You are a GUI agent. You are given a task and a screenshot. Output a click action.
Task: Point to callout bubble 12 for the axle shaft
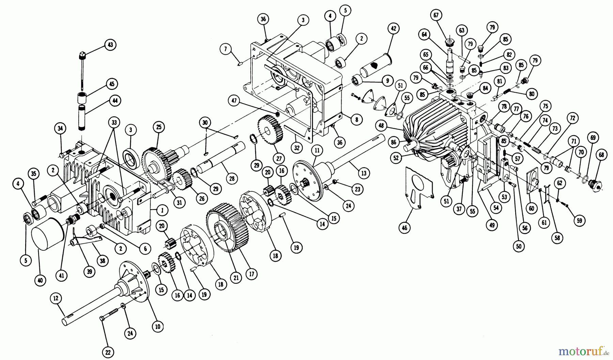(56, 298)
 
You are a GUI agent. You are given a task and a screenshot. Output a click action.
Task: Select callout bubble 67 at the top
(436, 15)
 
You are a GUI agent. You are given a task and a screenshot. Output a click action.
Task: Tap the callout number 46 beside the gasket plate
(405, 228)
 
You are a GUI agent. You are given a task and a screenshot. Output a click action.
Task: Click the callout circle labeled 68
(601, 155)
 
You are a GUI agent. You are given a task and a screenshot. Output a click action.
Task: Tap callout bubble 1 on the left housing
(162, 210)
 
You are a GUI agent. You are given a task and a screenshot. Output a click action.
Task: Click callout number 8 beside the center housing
(356, 120)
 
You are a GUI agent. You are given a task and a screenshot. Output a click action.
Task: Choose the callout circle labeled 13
(363, 173)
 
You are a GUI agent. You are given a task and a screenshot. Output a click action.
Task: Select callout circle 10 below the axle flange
(157, 326)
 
